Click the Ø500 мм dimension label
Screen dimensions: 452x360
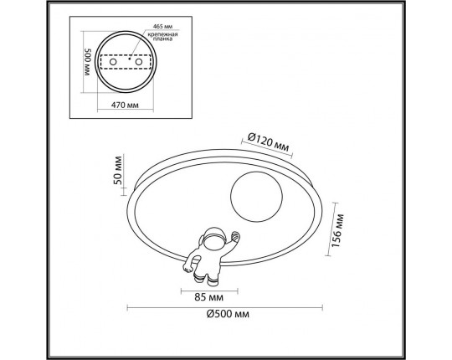(x=228, y=314)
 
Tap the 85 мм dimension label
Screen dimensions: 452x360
(x=209, y=297)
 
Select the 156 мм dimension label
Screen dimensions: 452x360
(x=337, y=230)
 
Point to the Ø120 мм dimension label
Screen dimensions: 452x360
(x=268, y=141)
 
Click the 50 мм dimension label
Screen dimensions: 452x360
(x=118, y=170)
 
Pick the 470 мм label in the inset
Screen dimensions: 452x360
(x=125, y=105)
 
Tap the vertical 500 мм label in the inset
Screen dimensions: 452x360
(x=88, y=62)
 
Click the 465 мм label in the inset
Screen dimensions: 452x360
(x=163, y=26)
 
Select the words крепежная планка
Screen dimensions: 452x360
(x=163, y=37)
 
